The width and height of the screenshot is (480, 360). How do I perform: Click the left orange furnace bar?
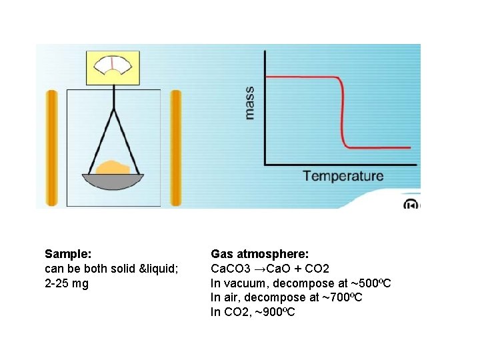51,147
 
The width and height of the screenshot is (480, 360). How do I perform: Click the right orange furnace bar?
176,147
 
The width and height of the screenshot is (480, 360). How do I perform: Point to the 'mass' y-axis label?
249,103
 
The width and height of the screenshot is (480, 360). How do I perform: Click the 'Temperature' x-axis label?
343,177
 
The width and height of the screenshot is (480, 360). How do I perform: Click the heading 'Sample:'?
68,254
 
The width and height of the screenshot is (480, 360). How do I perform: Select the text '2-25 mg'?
66,283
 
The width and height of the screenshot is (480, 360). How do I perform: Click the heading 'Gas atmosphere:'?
259,254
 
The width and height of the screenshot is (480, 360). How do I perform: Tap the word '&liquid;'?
159,269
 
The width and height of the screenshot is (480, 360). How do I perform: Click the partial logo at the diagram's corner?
412,204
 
